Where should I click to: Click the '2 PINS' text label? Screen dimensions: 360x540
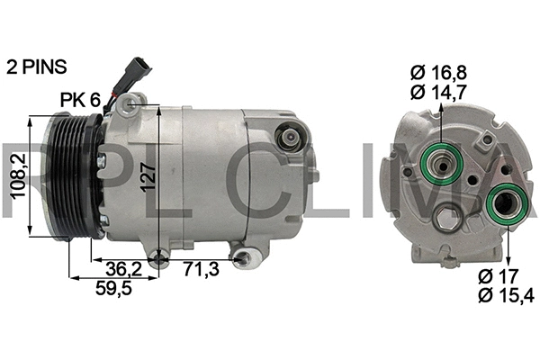[x=38, y=67]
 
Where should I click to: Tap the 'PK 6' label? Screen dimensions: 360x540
[x=79, y=100]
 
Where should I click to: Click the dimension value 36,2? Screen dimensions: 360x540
[x=122, y=268]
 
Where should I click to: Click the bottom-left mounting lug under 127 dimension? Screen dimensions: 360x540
[x=159, y=261]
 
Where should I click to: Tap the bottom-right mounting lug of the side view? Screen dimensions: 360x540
[x=241, y=259]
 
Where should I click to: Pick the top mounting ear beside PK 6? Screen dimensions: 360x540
[x=132, y=103]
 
